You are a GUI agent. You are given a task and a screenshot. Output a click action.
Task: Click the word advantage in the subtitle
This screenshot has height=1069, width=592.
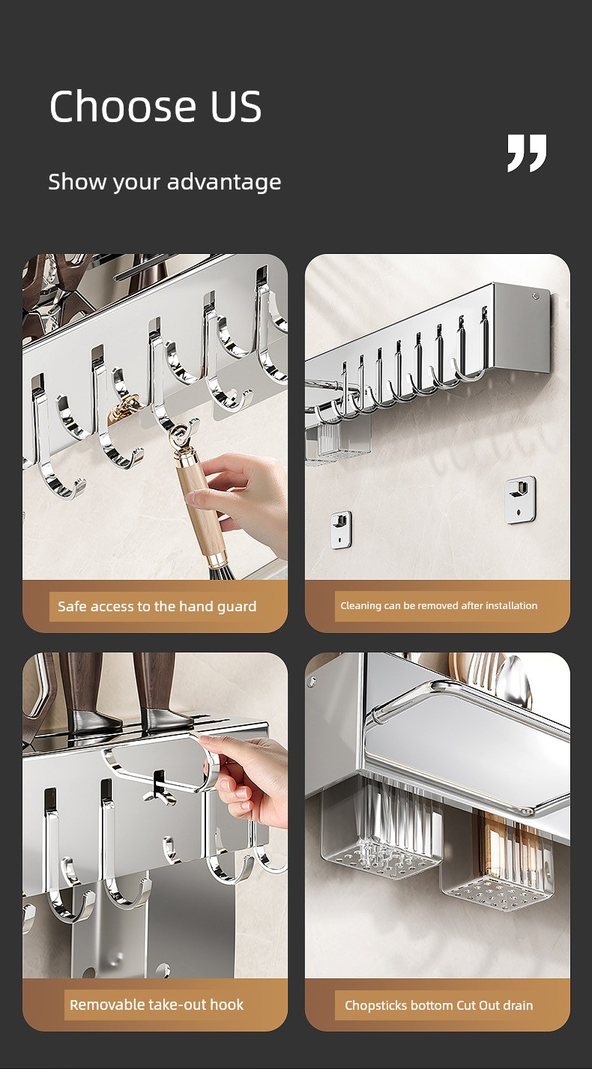pos(224,182)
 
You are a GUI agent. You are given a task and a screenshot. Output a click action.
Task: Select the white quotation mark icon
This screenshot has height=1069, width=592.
pos(527,153)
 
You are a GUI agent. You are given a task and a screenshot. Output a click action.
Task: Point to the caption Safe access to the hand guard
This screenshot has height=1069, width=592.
pos(157,606)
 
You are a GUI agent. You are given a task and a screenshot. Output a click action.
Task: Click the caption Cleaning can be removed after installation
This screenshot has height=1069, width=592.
pos(438,605)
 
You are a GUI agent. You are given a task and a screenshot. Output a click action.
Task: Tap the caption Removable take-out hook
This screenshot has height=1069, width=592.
pos(157,1005)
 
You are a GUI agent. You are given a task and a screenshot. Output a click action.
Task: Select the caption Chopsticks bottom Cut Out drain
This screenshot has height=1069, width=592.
pos(438,1005)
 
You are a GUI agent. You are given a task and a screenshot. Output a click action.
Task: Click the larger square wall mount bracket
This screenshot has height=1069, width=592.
pos(520,500)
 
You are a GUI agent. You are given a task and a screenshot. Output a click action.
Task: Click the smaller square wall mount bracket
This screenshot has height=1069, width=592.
pos(342,530)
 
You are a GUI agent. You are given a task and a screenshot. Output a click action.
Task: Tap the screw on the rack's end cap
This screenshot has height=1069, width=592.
pos(536,296)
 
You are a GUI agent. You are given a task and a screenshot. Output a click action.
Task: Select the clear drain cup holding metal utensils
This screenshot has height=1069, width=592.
pos(382,830)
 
